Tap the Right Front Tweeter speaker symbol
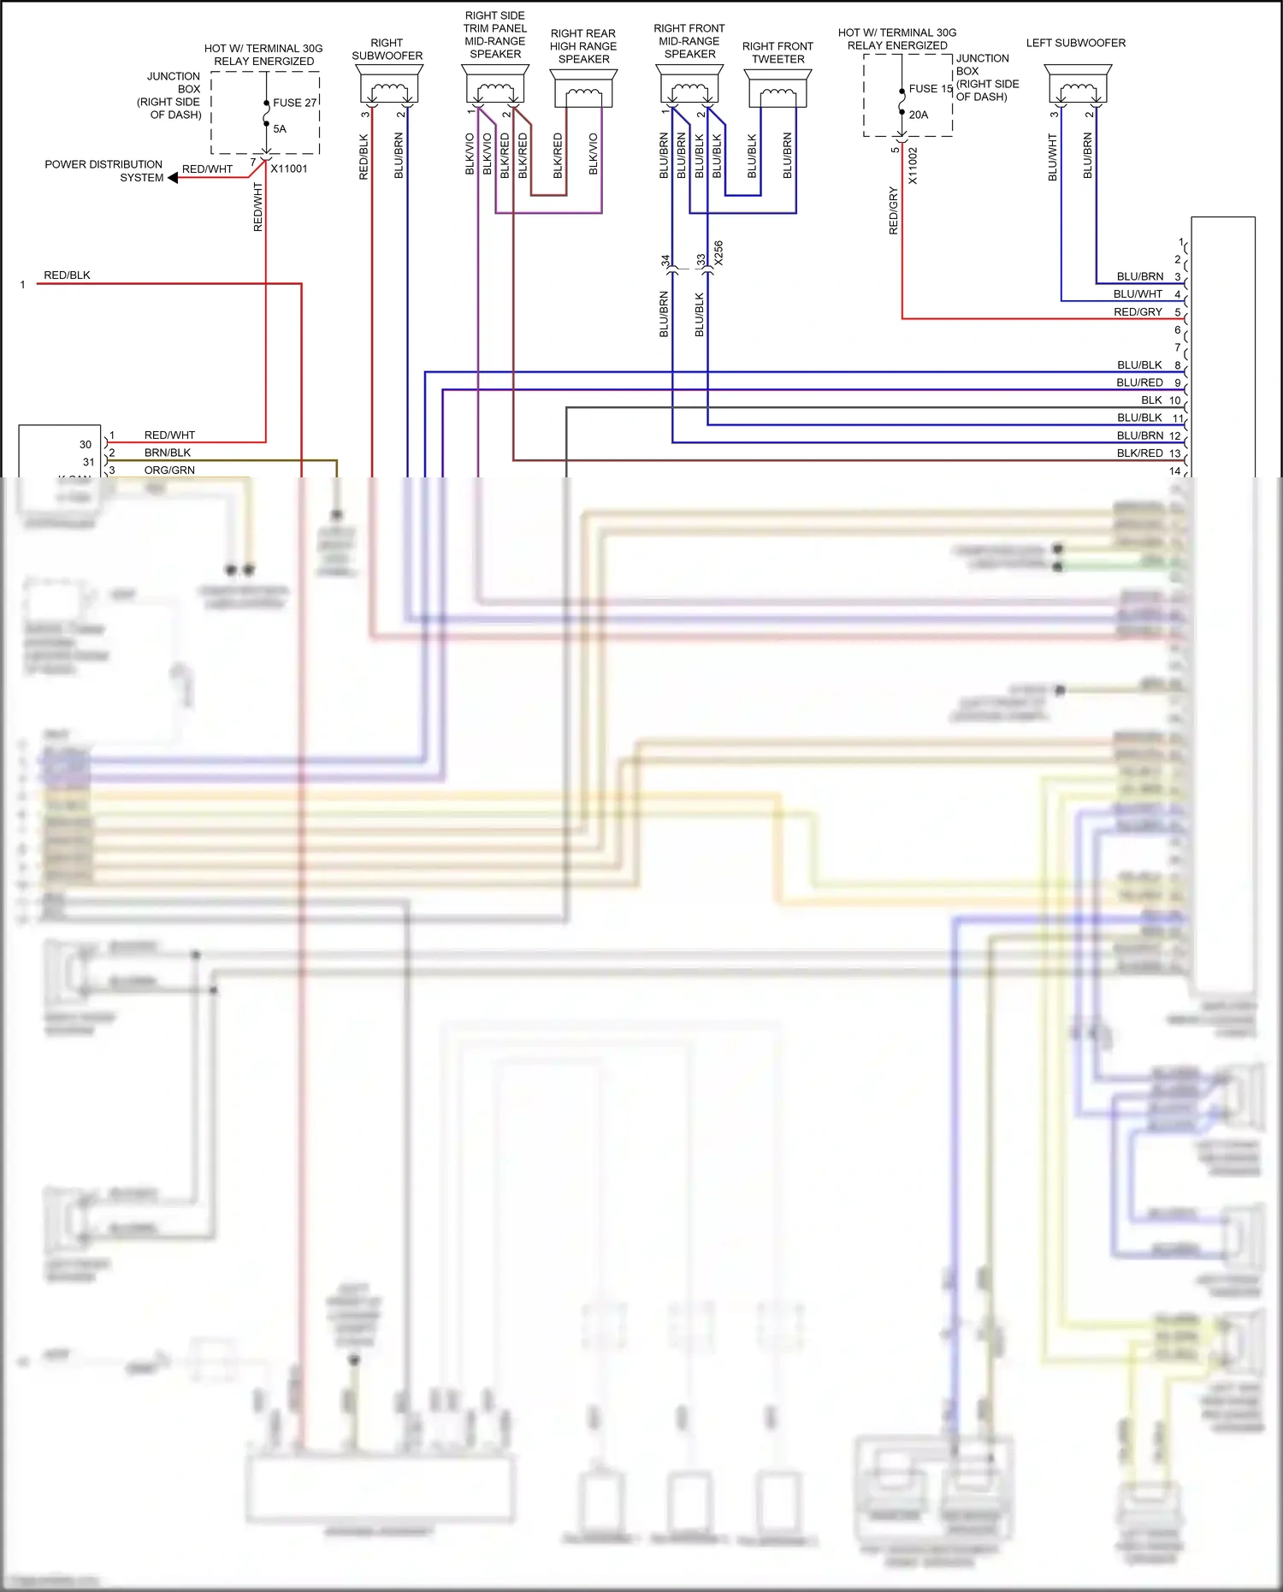click(777, 89)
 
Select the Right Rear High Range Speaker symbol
click(583, 89)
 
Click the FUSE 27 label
click(295, 103)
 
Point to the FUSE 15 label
click(931, 89)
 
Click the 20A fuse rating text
click(919, 115)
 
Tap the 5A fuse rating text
click(280, 129)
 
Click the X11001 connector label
click(289, 169)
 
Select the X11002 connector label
click(913, 166)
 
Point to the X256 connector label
click(718, 253)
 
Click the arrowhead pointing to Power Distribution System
click(173, 178)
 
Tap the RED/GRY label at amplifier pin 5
click(1138, 312)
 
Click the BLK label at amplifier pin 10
click(1151, 400)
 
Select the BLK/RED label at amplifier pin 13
click(1139, 453)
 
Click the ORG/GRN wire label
click(169, 470)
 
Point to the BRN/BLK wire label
click(168, 453)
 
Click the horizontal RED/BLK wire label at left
click(67, 275)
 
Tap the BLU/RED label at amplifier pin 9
click(1139, 382)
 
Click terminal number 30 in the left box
click(86, 445)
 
